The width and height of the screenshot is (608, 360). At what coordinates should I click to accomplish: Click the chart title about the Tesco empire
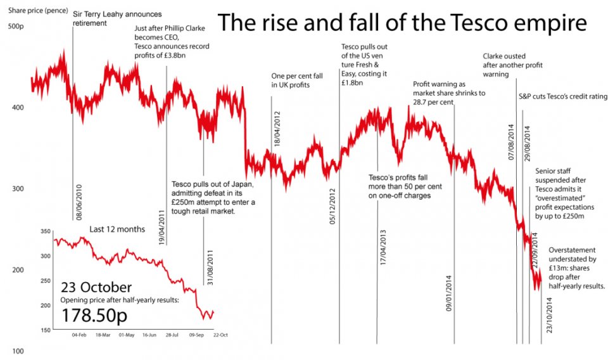[x=402, y=23]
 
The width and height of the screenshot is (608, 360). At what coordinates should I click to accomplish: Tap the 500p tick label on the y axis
[x=15, y=26]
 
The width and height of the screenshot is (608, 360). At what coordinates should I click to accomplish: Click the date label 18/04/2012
[x=277, y=129]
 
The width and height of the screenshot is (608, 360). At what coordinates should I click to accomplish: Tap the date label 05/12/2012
[x=332, y=206]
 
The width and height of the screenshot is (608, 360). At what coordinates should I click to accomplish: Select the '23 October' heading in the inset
[x=96, y=286]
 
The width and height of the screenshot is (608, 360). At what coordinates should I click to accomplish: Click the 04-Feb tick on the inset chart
[x=79, y=334]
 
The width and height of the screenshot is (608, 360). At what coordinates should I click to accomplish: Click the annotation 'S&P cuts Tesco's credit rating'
[x=559, y=96]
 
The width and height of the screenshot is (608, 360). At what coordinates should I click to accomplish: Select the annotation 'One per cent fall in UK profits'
[x=297, y=80]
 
